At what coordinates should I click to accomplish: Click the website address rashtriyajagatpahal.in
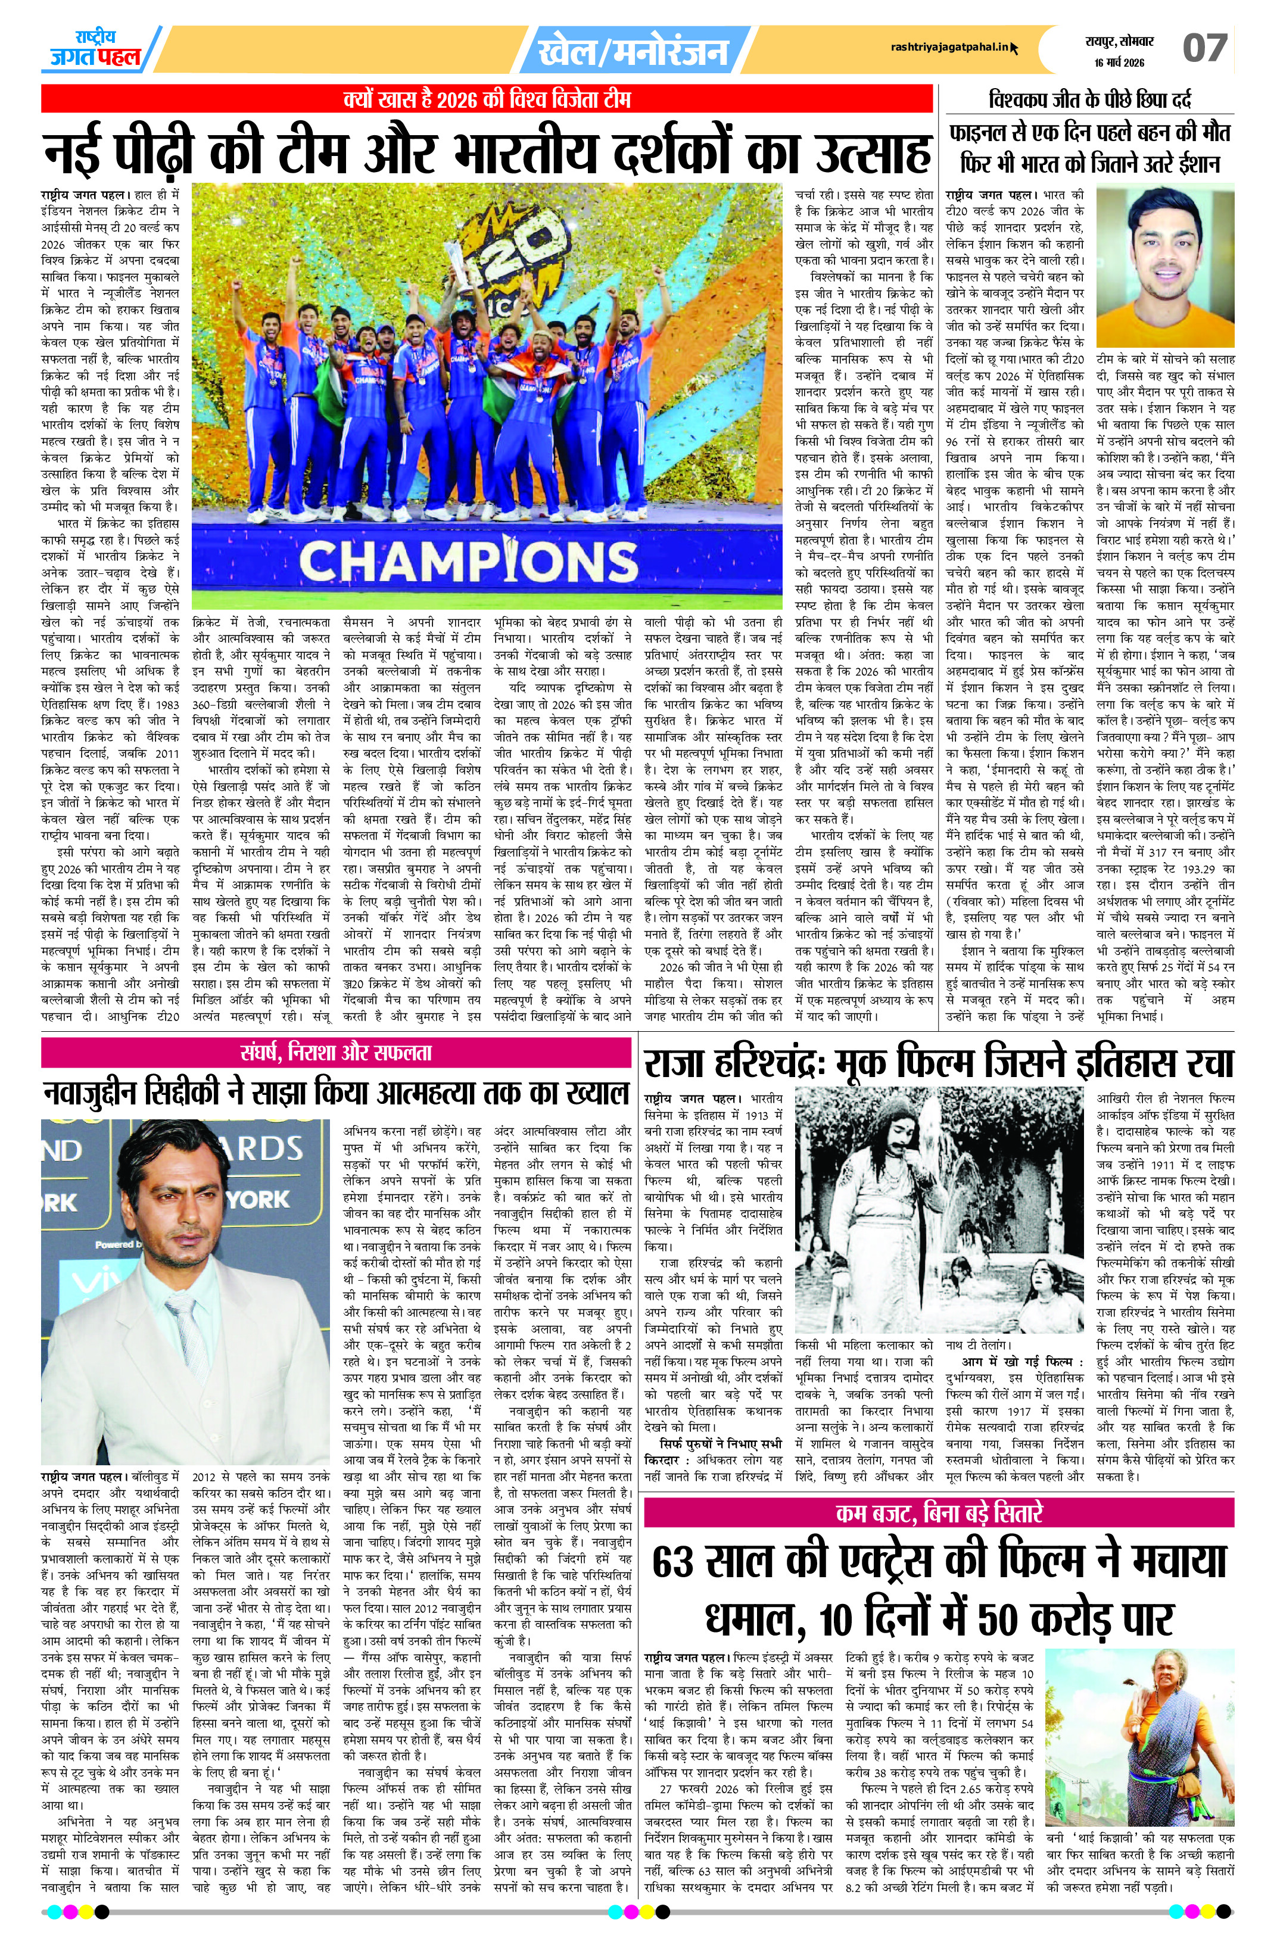coord(949,49)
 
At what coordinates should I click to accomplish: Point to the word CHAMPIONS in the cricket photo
coord(468,560)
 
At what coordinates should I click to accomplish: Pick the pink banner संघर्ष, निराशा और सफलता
coord(335,1053)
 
